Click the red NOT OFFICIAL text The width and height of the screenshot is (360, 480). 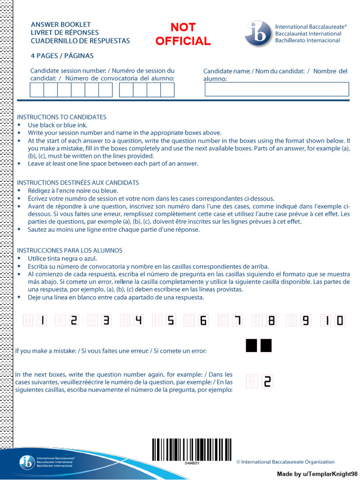point(183,34)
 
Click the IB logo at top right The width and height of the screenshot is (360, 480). point(257,34)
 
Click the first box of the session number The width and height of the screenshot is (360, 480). point(37,90)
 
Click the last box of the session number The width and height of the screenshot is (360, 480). point(167,90)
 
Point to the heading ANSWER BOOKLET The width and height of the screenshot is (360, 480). point(61,24)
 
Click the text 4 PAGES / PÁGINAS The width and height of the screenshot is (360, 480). point(62,56)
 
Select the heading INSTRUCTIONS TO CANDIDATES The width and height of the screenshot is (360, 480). point(61,117)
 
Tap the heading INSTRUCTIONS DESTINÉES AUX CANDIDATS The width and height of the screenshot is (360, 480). point(78,182)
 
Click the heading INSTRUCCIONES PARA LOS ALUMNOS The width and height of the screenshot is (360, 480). point(69,250)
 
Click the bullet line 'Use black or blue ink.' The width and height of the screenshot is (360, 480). point(58,125)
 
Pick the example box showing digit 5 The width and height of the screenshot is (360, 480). point(171,321)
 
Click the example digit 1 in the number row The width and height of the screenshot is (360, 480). point(43,321)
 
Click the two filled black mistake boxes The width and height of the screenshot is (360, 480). point(259,346)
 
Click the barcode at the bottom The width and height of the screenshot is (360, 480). point(192,449)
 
